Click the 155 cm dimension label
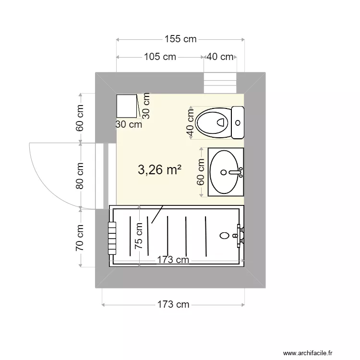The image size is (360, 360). tap(180, 39)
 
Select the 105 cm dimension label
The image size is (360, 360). tap(160, 57)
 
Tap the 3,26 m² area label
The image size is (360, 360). tap(159, 169)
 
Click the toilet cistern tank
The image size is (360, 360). tap(238, 122)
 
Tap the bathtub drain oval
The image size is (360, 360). tap(224, 236)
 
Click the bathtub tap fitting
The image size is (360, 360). tap(240, 236)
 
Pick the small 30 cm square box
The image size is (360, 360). tap(127, 106)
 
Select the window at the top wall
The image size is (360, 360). tap(220, 82)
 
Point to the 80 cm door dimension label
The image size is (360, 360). tap(80, 176)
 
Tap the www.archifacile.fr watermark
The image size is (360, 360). tap(317, 353)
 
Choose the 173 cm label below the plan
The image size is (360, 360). tap(173, 304)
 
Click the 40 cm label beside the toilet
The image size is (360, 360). tap(190, 123)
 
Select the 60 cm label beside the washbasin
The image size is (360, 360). tap(201, 172)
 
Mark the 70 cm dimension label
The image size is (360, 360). tap(80, 238)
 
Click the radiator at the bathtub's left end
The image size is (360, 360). tap(112, 239)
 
